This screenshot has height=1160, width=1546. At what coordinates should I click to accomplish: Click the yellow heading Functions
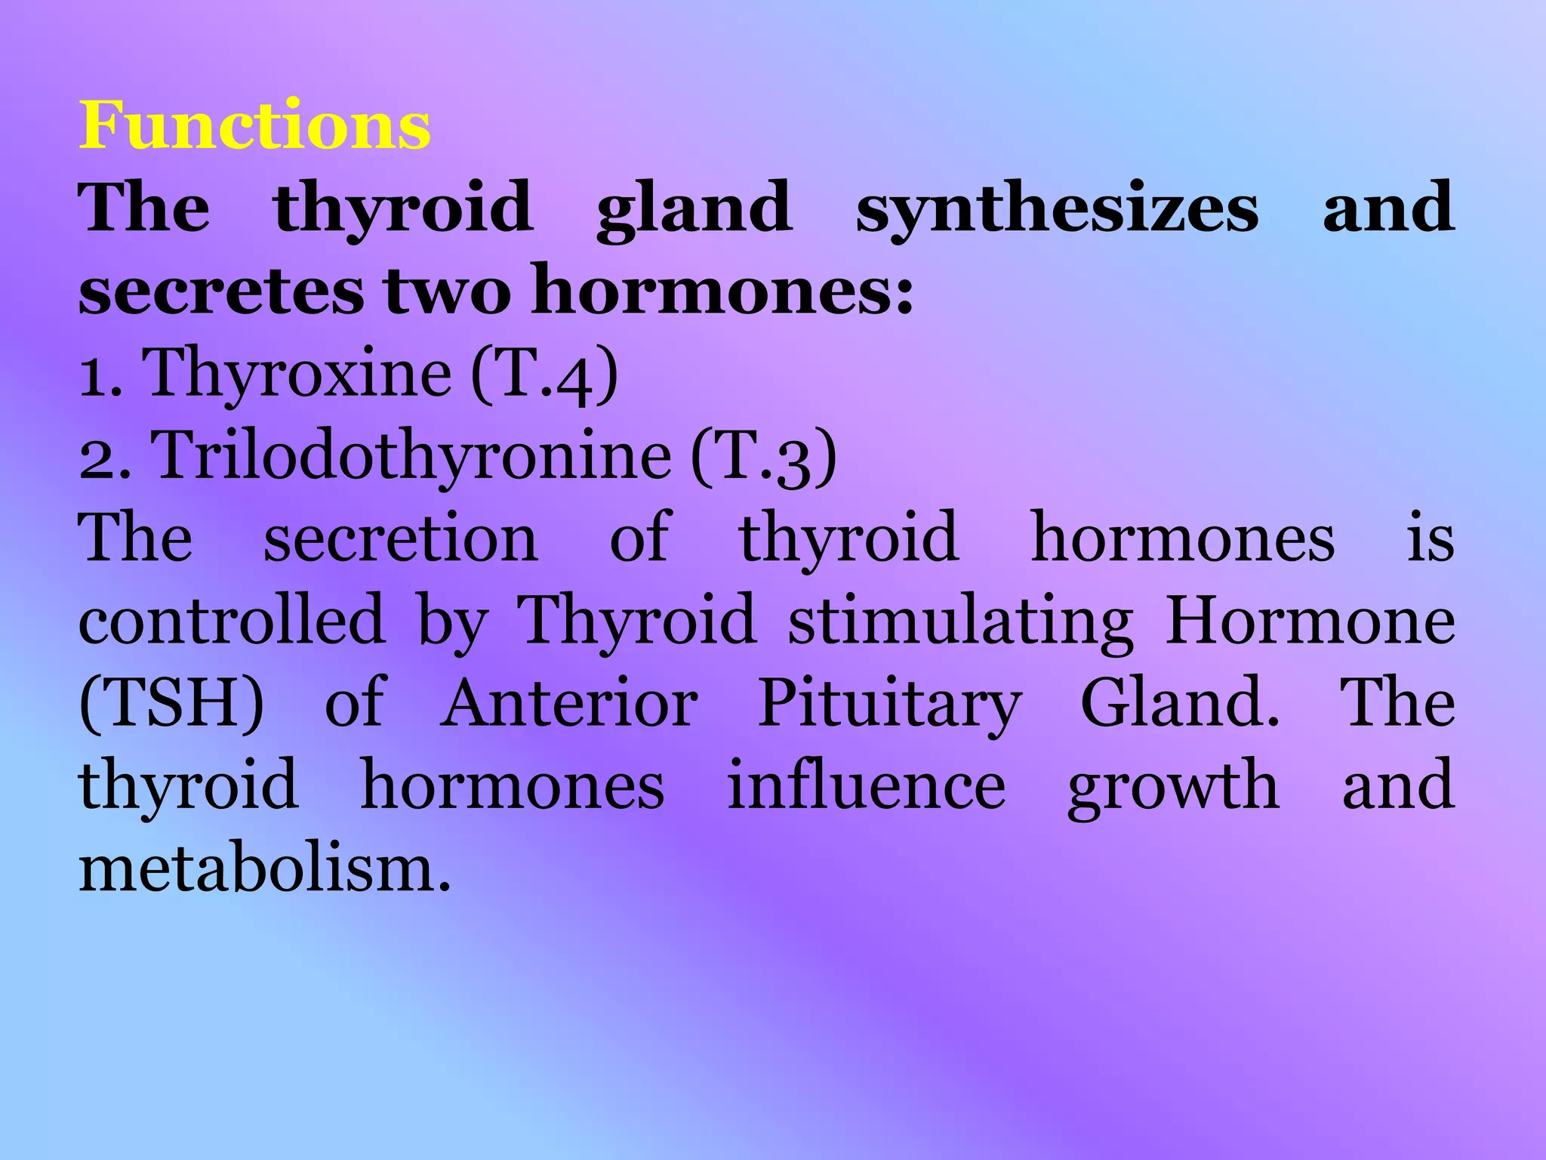(255, 125)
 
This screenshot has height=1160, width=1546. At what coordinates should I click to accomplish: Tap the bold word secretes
(220, 292)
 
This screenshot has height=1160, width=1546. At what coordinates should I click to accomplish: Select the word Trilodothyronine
(412, 455)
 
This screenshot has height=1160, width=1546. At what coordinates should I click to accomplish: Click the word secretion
(400, 538)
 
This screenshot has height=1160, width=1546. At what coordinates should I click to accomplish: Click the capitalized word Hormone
(1310, 620)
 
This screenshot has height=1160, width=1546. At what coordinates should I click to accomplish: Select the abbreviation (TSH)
(172, 703)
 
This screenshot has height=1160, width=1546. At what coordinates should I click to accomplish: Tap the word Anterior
(568, 703)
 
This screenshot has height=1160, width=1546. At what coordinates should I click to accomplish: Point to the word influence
(866, 785)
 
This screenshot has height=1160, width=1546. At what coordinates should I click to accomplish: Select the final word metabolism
(264, 868)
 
